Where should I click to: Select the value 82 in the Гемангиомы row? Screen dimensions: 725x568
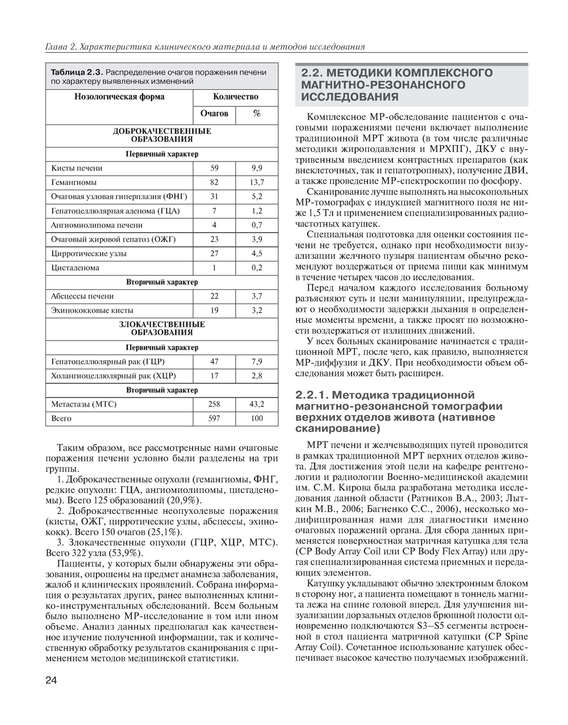[x=214, y=183]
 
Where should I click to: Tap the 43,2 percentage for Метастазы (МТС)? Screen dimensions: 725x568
[x=257, y=404]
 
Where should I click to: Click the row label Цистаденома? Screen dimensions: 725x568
[x=75, y=268]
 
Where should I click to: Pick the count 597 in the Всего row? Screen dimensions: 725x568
[x=214, y=419]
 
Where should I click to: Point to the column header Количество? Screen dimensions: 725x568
[x=235, y=97]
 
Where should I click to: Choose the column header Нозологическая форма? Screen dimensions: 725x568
[x=119, y=97]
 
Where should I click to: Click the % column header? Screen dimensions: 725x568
[x=257, y=114]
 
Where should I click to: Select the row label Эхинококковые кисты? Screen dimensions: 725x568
[x=92, y=310]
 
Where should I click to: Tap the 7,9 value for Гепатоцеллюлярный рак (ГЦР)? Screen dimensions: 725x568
[x=257, y=362]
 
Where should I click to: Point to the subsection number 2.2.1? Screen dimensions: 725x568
[x=312, y=395]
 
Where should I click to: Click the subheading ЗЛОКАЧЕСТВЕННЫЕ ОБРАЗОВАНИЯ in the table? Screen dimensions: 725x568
[x=161, y=328]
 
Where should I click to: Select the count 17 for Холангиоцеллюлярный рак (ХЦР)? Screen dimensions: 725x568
[x=214, y=376]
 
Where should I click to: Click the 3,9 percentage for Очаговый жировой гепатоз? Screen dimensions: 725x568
[x=257, y=239]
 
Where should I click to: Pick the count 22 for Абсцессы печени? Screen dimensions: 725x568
[x=214, y=296]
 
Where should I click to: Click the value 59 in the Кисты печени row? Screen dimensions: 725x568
[x=214, y=168]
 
